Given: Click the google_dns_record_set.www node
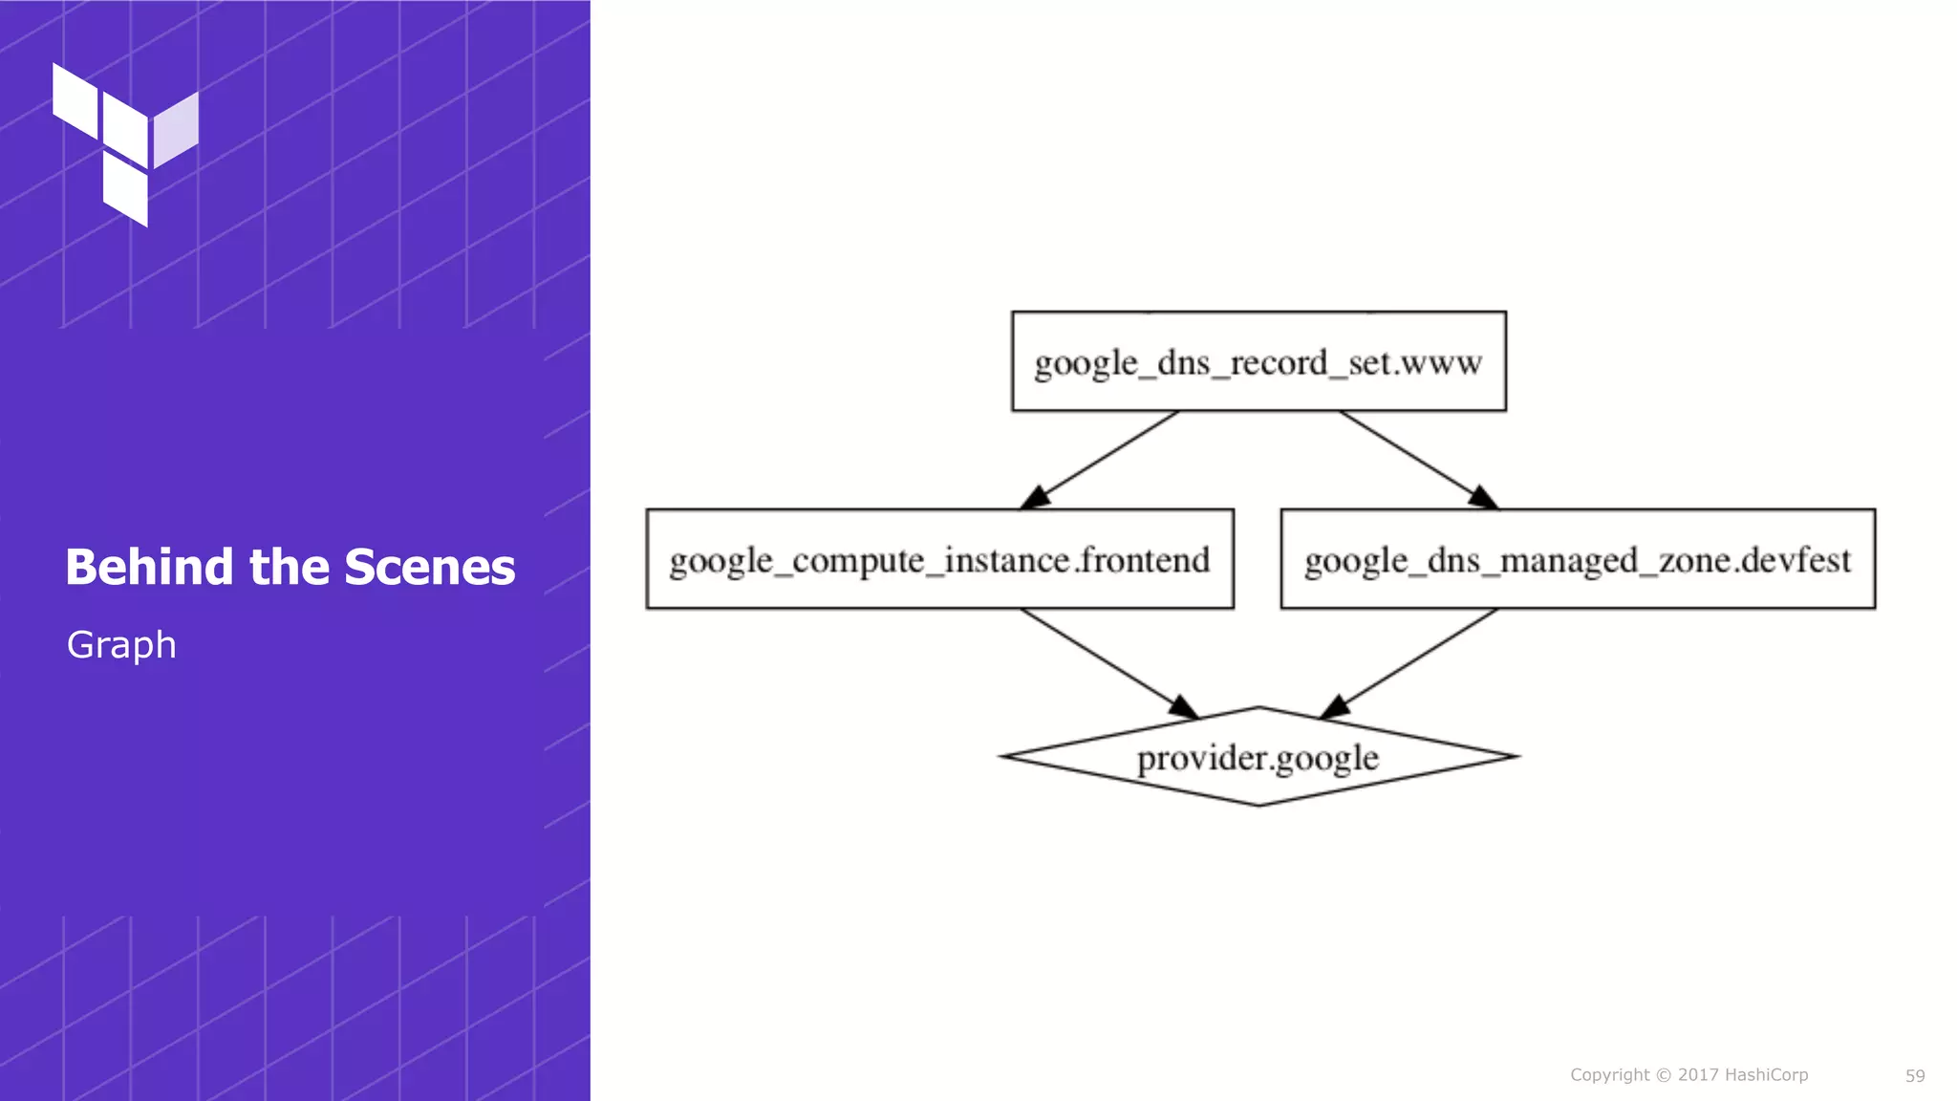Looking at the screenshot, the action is pyautogui.click(x=1258, y=361).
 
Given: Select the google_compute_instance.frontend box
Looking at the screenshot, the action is pyautogui.click(x=939, y=559).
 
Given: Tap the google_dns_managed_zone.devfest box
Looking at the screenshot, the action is pyautogui.click(x=1578, y=559).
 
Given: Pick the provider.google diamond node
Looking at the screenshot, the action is pyautogui.click(x=1258, y=757).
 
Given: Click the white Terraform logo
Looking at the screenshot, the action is pyautogui.click(x=125, y=143).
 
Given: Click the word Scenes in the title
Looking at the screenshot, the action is pyautogui.click(x=430, y=567).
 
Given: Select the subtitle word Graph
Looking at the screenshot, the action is pyautogui.click(x=121, y=645).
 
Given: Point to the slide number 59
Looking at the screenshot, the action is pyautogui.click(x=1915, y=1076).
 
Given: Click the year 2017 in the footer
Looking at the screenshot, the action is pyautogui.click(x=1698, y=1075).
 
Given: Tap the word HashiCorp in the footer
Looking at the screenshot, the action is pyautogui.click(x=1766, y=1075).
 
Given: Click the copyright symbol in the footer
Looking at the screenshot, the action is pyautogui.click(x=1664, y=1075).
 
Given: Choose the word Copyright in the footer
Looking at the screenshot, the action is pyautogui.click(x=1610, y=1075).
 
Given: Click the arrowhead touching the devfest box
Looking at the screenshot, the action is pyautogui.click(x=1484, y=498).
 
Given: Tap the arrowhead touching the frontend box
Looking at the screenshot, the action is pyautogui.click(x=1035, y=498).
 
